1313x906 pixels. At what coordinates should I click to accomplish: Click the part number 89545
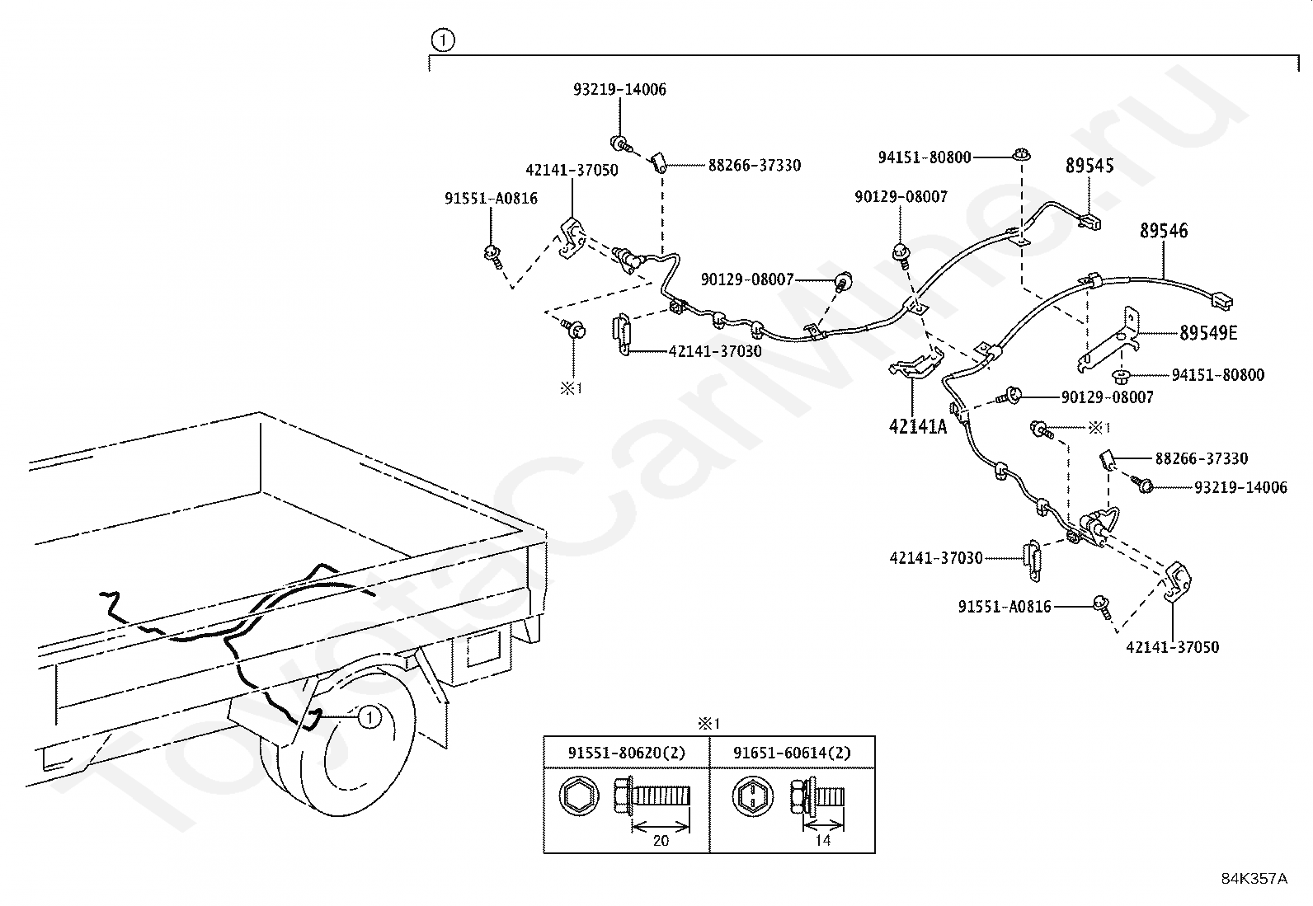[x=1089, y=166]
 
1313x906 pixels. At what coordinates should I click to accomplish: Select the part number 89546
[x=1164, y=231]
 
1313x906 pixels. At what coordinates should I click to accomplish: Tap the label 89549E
[x=1208, y=333]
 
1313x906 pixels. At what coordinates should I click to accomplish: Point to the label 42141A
[x=917, y=426]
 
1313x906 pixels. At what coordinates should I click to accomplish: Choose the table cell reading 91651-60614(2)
[x=792, y=753]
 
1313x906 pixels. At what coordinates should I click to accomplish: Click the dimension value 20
[x=661, y=841]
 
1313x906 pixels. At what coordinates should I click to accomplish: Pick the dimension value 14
[x=822, y=841]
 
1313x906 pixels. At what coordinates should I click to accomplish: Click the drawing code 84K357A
[x=1254, y=878]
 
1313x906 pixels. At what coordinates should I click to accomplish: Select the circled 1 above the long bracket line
[x=443, y=39]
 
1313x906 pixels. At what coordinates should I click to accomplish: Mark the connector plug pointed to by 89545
[x=1090, y=220]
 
